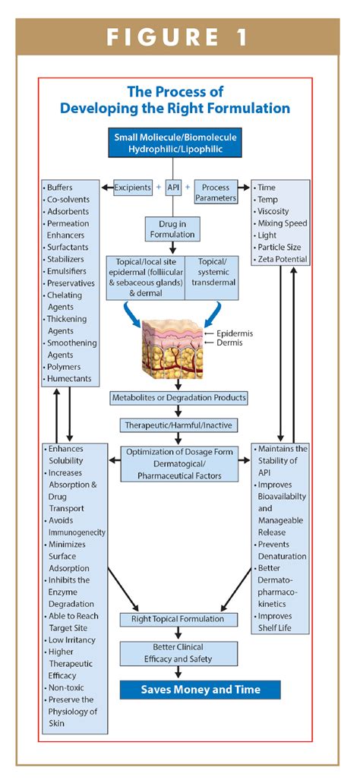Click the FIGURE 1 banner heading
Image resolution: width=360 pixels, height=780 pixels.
coord(179,38)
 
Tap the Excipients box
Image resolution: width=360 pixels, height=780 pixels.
coord(132,187)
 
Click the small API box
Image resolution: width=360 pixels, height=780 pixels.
coord(172,187)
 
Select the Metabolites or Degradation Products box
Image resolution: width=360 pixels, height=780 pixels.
coord(178,397)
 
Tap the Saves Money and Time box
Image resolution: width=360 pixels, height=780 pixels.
coord(201,690)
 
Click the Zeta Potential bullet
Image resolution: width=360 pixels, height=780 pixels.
coord(283,260)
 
